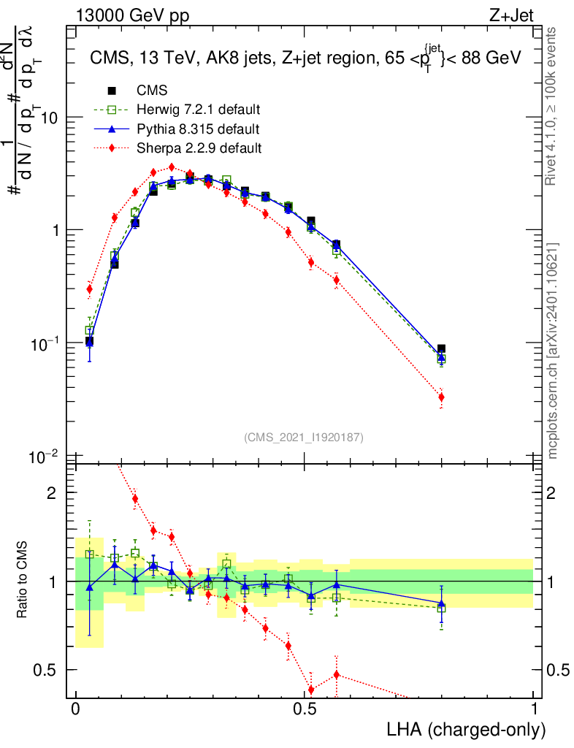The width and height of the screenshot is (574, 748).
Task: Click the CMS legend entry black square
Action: (x=112, y=91)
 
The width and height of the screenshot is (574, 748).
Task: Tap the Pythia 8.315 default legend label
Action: (x=198, y=129)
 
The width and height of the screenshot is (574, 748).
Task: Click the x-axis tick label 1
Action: (x=533, y=709)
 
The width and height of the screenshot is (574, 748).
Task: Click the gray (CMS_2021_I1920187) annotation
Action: (x=304, y=437)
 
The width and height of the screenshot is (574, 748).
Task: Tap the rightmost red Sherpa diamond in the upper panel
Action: (x=441, y=397)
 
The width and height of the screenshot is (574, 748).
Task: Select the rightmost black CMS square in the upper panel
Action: (x=441, y=349)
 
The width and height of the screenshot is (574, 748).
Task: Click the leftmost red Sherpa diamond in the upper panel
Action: (x=89, y=289)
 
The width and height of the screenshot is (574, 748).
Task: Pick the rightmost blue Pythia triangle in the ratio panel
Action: (x=441, y=604)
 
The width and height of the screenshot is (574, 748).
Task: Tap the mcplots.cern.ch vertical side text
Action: (x=553, y=351)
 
